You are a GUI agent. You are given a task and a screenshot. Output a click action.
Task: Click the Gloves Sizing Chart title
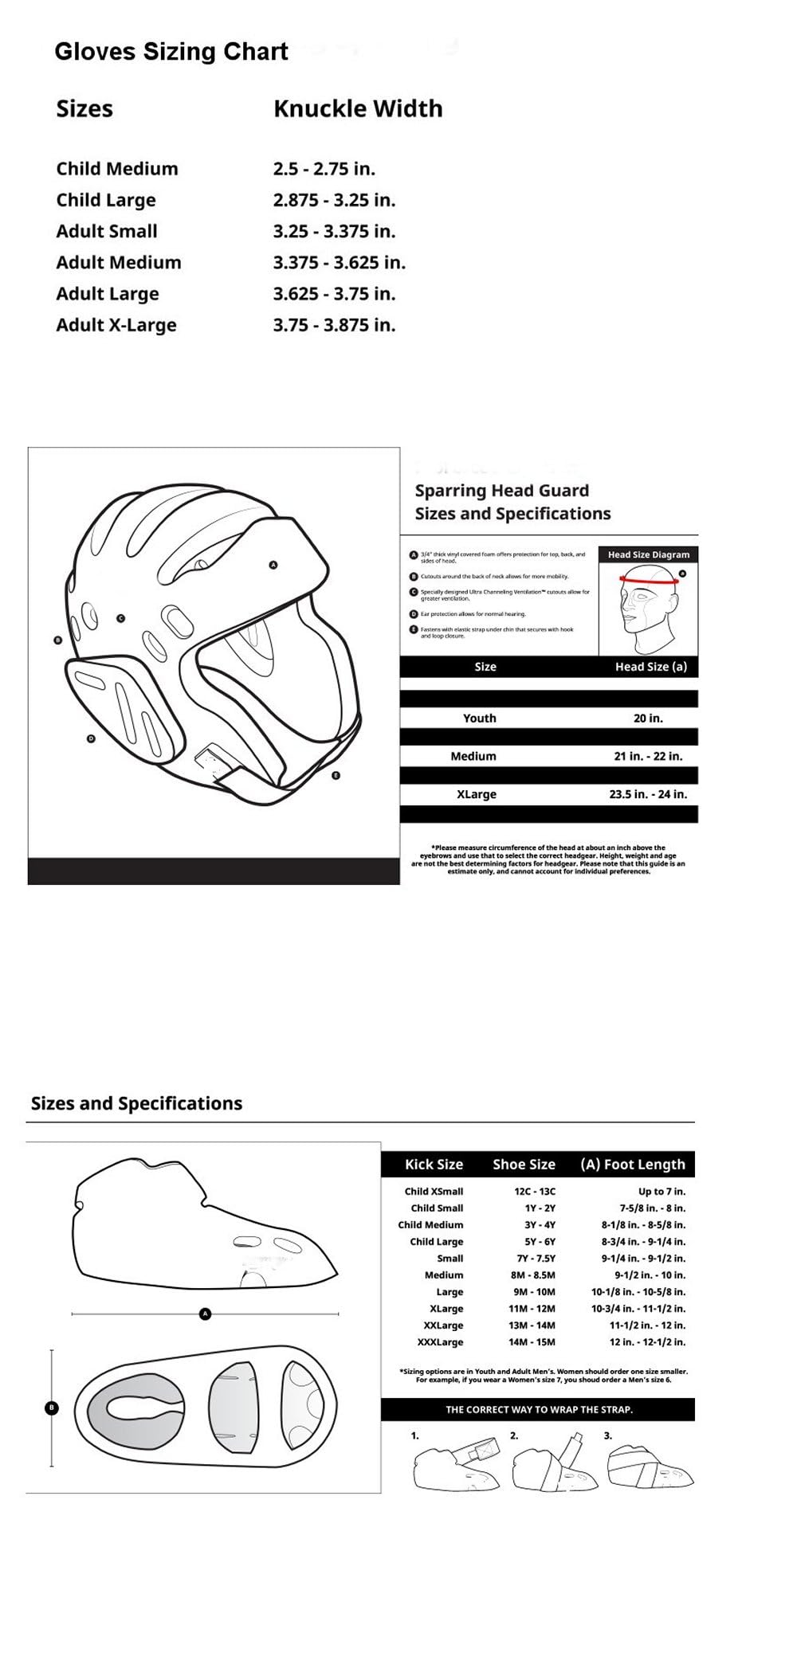pyautogui.click(x=171, y=52)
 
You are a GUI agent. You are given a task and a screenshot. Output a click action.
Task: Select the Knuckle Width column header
pyautogui.click(x=358, y=108)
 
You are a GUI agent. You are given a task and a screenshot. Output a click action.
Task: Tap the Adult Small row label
pyautogui.click(x=107, y=231)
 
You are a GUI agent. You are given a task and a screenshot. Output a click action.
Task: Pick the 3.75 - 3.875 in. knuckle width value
pyautogui.click(x=334, y=325)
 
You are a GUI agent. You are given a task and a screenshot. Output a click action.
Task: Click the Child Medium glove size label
pyautogui.click(x=117, y=169)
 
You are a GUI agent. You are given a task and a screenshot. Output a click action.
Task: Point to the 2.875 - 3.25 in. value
pyautogui.click(x=334, y=200)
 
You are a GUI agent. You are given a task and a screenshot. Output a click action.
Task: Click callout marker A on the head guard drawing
pyautogui.click(x=273, y=565)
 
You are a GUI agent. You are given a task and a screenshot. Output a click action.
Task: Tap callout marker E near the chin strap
pyautogui.click(x=336, y=775)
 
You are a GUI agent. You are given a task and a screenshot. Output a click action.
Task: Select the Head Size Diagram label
pyautogui.click(x=648, y=554)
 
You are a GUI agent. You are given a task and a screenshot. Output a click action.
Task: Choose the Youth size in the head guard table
pyautogui.click(x=480, y=718)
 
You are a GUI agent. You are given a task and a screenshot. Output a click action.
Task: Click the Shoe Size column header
pyautogui.click(x=524, y=1164)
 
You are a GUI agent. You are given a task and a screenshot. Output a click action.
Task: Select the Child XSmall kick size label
pyautogui.click(x=434, y=1192)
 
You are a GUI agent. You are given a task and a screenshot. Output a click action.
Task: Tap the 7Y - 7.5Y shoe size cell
pyautogui.click(x=536, y=1259)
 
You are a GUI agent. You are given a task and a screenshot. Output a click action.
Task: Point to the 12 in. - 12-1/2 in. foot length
pyautogui.click(x=646, y=1342)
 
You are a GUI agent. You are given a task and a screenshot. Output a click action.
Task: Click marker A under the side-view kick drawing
pyautogui.click(x=205, y=1314)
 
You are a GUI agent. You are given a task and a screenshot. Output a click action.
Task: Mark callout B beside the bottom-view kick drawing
pyautogui.click(x=52, y=1408)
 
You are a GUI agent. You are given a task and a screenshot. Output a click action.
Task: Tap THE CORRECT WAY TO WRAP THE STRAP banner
pyautogui.click(x=539, y=1409)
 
